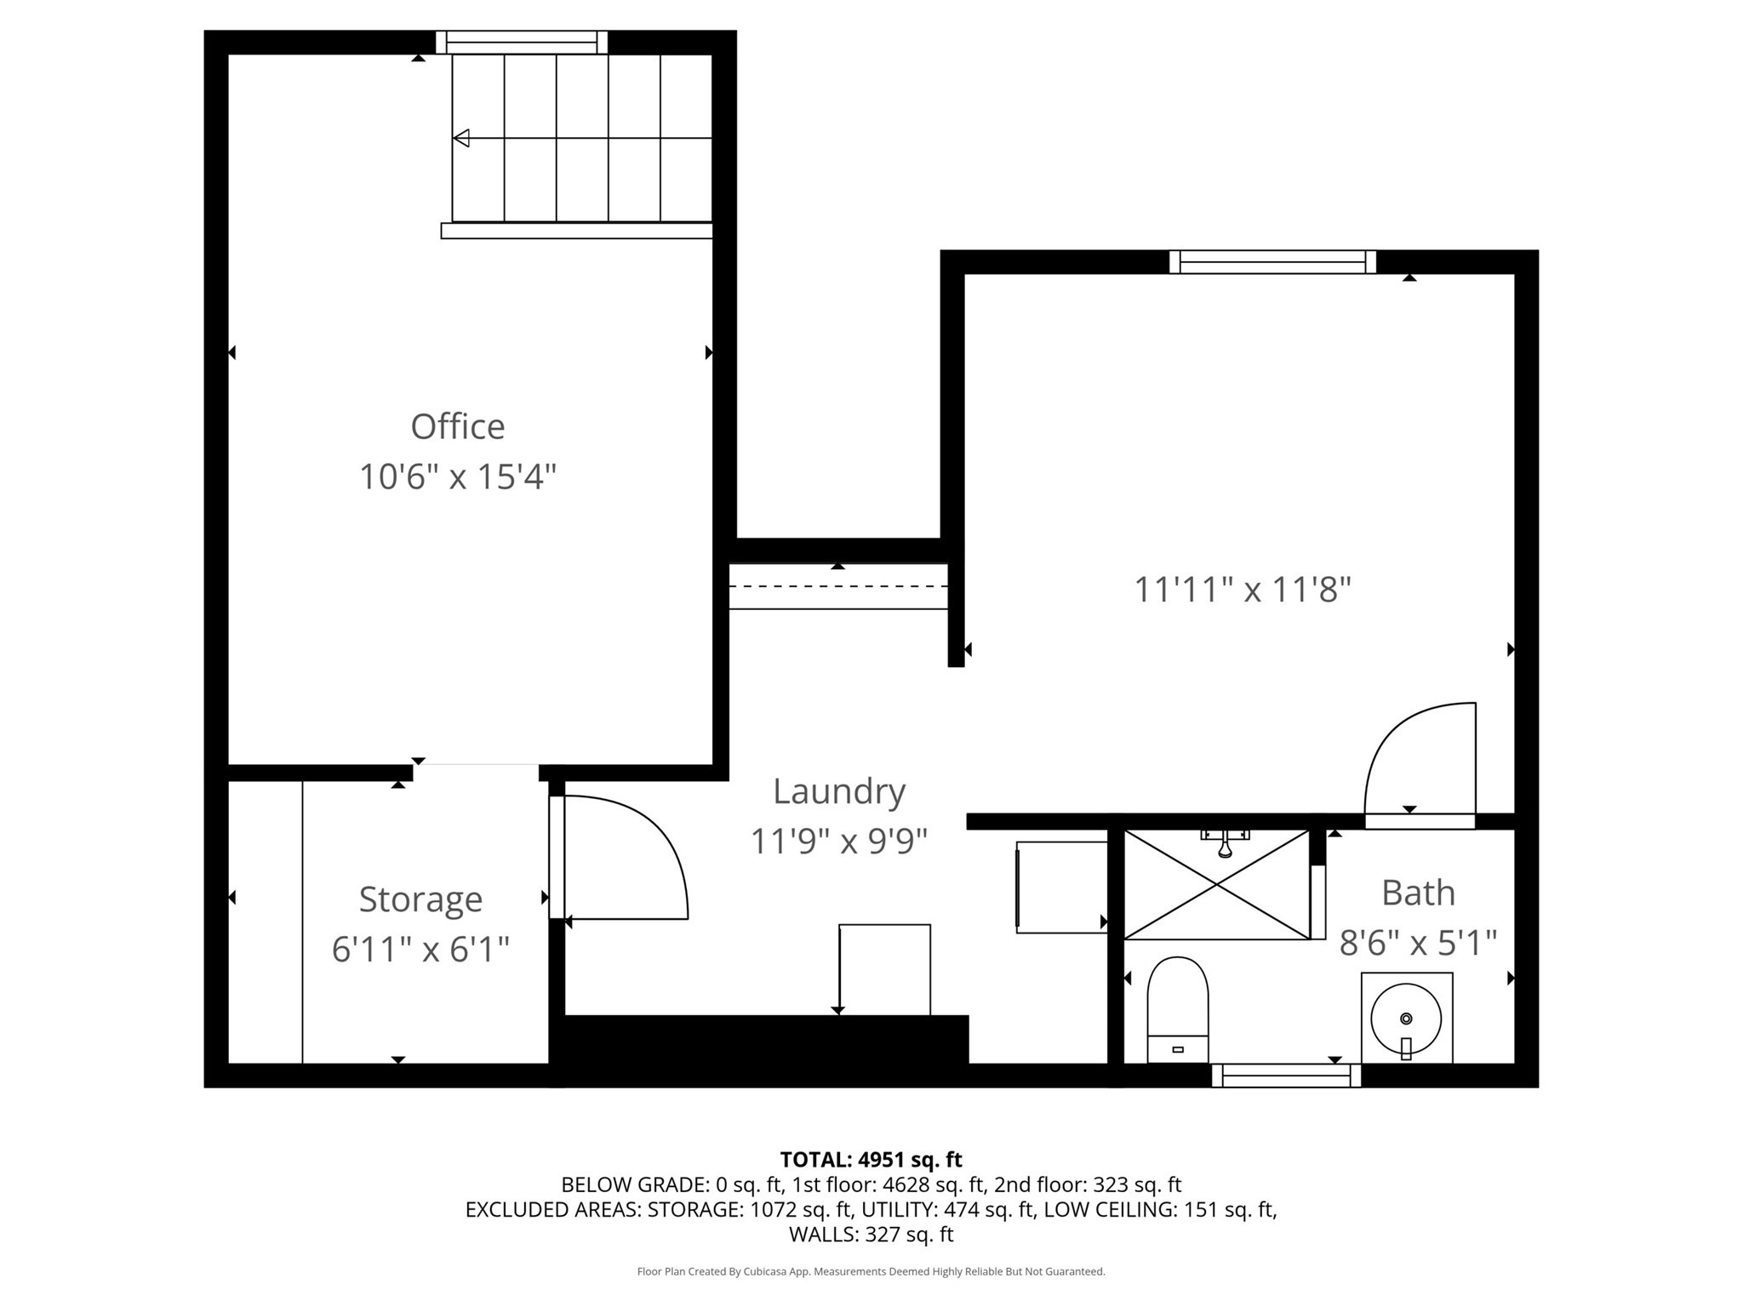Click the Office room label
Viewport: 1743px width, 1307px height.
(457, 426)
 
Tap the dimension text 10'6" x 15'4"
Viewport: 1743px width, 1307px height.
(457, 477)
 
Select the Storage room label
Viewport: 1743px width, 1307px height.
(420, 899)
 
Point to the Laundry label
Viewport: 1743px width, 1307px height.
(838, 791)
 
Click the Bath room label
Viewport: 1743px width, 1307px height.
(1418, 893)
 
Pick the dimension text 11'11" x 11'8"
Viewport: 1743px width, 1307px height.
(1243, 589)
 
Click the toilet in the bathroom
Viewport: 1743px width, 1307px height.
(1178, 1008)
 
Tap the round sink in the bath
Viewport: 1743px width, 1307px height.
(1406, 1019)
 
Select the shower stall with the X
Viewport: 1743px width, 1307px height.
(1217, 885)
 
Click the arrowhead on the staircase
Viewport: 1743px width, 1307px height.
(461, 138)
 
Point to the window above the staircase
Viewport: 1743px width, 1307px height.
(522, 43)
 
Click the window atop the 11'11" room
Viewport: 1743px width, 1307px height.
(1272, 262)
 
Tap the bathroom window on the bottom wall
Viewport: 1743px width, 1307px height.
(1286, 1076)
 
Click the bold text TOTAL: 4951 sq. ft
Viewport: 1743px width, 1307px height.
(871, 1160)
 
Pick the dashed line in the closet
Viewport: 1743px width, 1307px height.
(838, 586)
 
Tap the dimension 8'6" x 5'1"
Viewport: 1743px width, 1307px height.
(1418, 943)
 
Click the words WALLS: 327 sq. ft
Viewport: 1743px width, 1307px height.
(871, 1234)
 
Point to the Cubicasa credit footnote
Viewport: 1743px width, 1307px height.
(871, 1271)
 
